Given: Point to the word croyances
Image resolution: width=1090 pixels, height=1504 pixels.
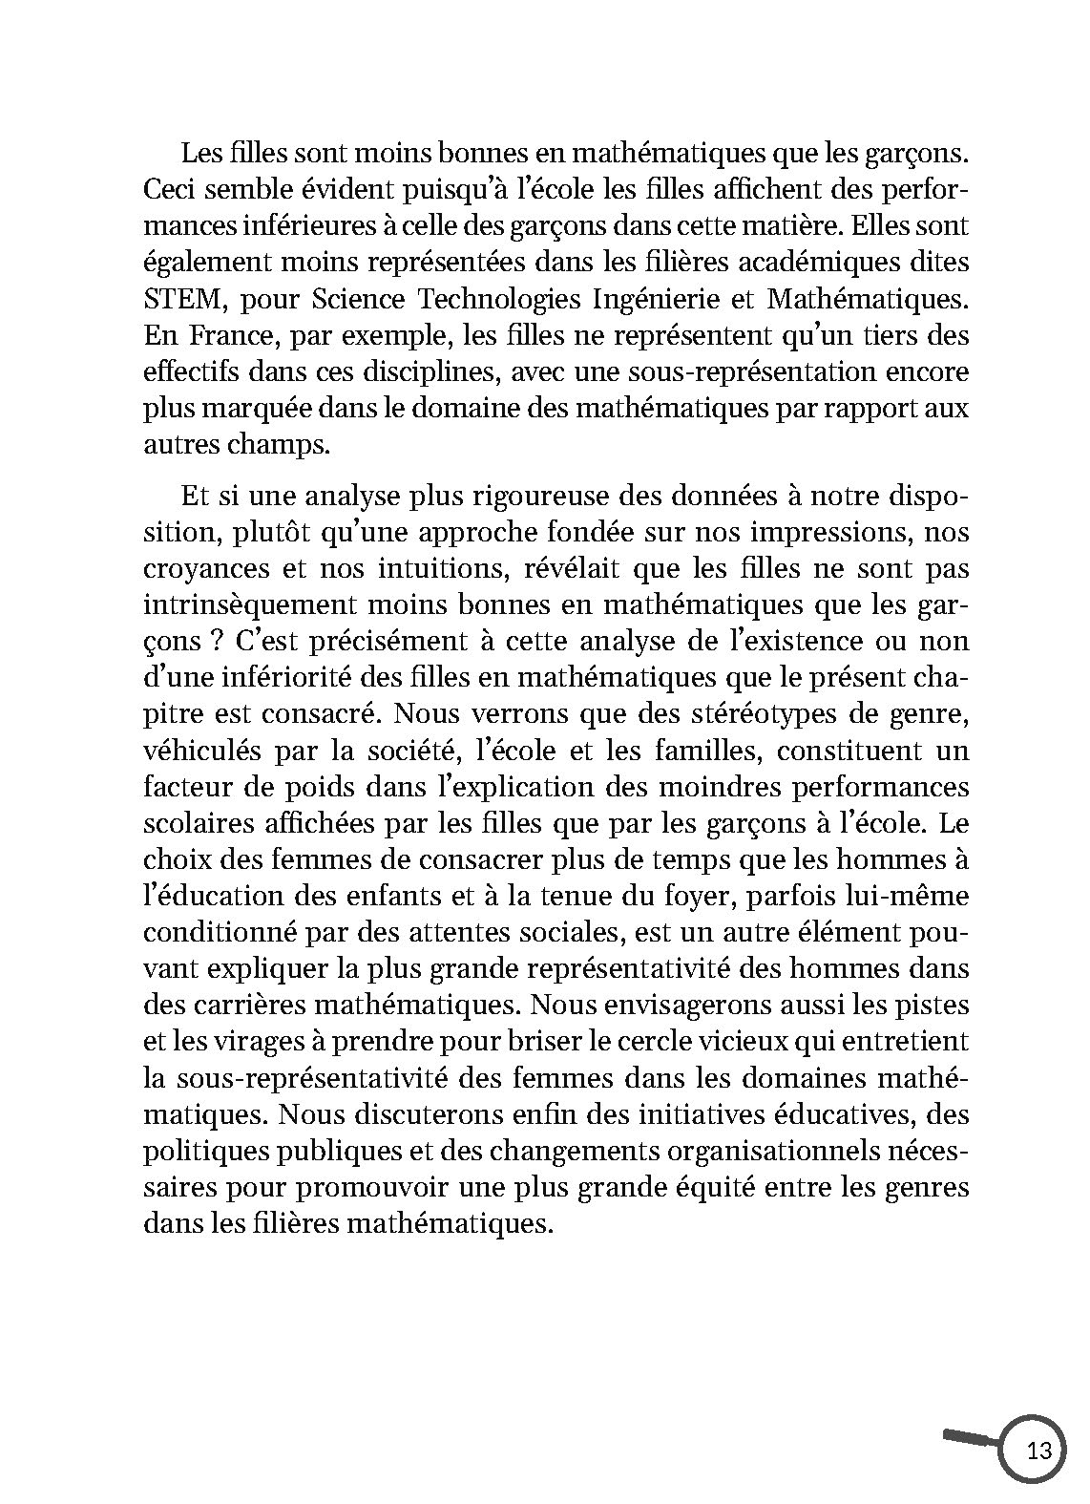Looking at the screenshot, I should point(203,569).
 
